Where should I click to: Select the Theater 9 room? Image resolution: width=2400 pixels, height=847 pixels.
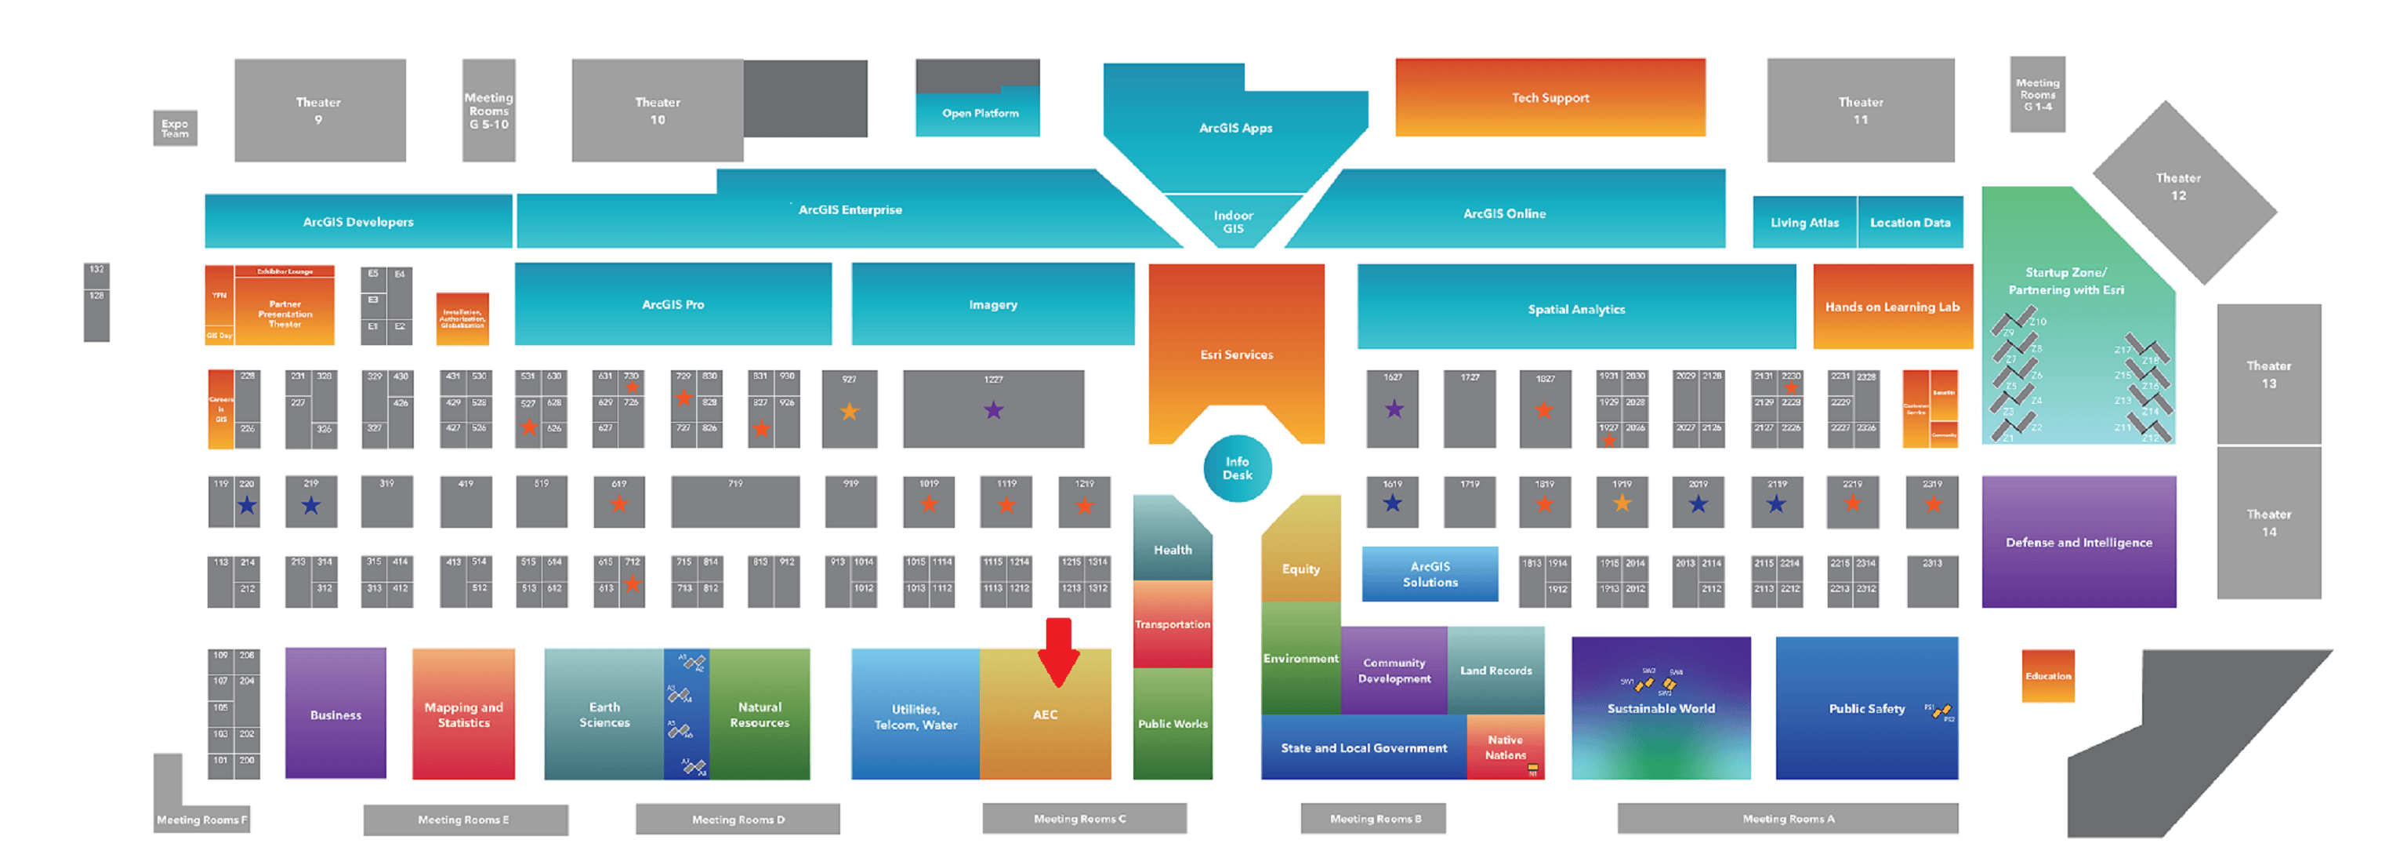319,110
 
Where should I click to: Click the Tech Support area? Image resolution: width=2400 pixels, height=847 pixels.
1550,98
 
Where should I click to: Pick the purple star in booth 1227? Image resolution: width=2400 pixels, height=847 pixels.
993,410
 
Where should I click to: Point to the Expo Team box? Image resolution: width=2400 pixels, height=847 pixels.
174,128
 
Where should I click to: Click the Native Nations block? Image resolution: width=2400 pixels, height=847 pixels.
1505,747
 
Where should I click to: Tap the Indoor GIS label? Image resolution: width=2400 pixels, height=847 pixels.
1233,222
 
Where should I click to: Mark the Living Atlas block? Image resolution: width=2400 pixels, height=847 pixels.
1804,223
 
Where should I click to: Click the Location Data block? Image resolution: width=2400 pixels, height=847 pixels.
1909,223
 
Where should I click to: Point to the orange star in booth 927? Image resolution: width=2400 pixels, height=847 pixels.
849,411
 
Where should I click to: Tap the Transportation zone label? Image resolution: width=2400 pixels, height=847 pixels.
1172,624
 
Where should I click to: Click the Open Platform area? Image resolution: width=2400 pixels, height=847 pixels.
979,113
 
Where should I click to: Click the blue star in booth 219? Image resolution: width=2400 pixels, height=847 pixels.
310,505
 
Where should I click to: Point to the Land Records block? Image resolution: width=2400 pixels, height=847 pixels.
1495,670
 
